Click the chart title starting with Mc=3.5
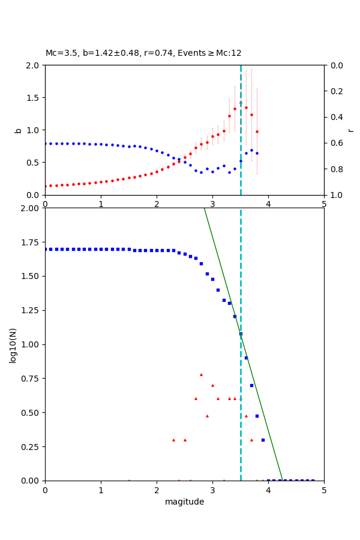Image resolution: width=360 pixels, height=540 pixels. click(x=143, y=53)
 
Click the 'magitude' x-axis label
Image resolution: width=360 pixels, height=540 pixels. click(x=184, y=502)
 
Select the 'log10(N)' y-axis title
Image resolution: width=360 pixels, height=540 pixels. click(x=13, y=344)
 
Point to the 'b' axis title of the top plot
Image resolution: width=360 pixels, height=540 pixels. click(x=18, y=130)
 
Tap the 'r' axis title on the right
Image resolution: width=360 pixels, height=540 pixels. click(x=350, y=130)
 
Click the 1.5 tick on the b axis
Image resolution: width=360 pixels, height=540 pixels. click(x=34, y=98)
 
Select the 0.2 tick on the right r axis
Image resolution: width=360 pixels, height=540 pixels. click(x=336, y=91)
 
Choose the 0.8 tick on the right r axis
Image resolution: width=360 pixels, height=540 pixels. click(x=336, y=169)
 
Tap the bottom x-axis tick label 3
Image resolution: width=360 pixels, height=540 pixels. click(x=212, y=490)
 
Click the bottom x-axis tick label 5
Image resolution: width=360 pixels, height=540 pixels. click(x=324, y=490)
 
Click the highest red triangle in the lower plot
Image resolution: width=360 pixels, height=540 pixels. click(x=201, y=374)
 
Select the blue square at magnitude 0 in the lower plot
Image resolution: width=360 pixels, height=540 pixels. click(x=45, y=249)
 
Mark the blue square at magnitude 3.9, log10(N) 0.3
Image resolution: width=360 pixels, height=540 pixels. click(x=263, y=440)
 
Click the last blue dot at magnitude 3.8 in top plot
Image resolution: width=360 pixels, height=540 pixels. click(x=257, y=153)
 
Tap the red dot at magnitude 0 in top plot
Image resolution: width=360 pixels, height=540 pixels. click(x=45, y=186)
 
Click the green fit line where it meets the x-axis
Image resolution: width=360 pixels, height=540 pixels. click(x=282, y=480)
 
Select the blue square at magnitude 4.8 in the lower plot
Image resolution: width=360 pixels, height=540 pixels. click(x=313, y=480)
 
